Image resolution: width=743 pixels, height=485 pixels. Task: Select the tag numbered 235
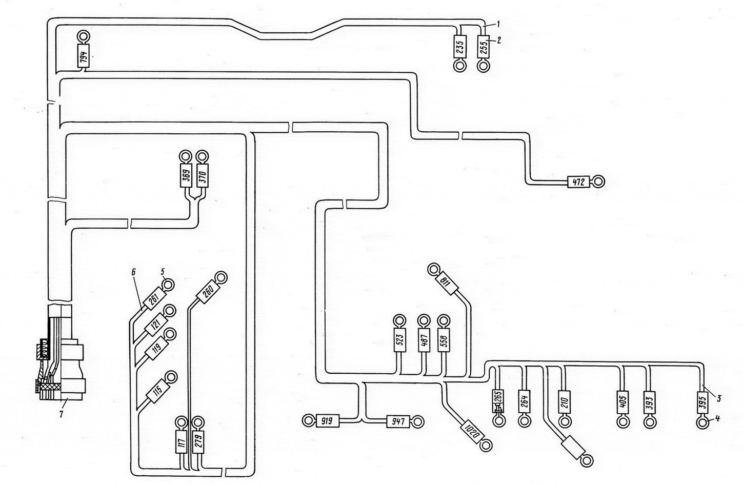[x=460, y=47]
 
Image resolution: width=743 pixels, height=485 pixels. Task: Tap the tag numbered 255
[x=483, y=47]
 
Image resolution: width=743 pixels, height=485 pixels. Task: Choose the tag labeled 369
[x=186, y=175]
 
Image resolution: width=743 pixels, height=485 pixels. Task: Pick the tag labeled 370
[x=203, y=175]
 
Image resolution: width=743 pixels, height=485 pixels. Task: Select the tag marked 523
[x=399, y=340]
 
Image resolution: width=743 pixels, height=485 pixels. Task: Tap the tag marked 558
[x=444, y=340]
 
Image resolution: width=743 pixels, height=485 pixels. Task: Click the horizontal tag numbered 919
[x=328, y=421]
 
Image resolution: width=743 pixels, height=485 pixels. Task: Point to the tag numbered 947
[x=398, y=421]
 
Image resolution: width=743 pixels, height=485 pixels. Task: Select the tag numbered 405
[x=622, y=402]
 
